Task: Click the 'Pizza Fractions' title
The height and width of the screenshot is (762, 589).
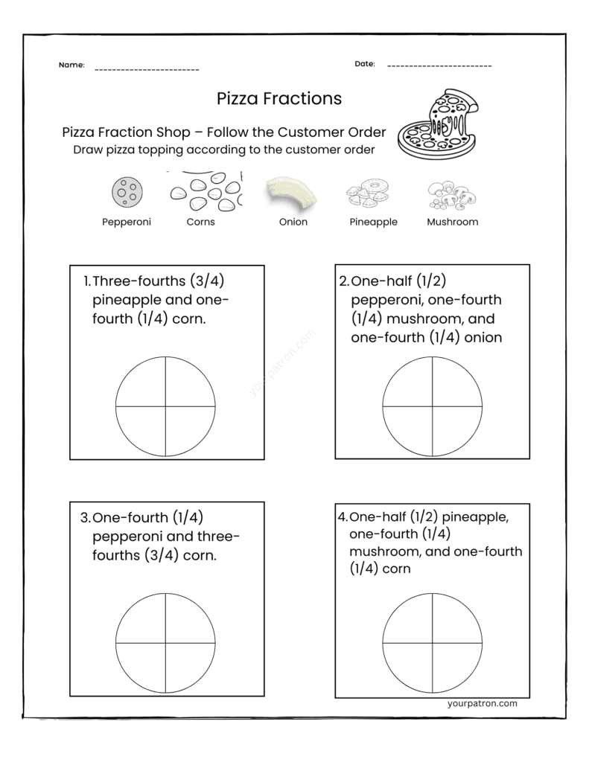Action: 279,98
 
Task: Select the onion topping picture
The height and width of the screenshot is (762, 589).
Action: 291,193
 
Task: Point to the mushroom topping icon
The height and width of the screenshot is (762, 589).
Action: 451,195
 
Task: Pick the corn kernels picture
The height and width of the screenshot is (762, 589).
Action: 206,191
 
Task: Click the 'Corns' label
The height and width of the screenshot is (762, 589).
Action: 201,222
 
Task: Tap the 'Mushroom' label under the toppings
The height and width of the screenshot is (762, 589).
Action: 452,222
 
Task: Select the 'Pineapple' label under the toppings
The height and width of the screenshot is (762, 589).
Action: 373,222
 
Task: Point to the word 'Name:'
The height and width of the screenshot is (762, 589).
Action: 71,65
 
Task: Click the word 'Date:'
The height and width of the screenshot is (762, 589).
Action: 365,64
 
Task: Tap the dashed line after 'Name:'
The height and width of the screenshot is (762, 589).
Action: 147,70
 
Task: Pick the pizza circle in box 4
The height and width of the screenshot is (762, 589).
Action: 432,643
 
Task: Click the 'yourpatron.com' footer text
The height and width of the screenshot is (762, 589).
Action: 483,702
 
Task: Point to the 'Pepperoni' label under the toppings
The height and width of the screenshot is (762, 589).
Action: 127,222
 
